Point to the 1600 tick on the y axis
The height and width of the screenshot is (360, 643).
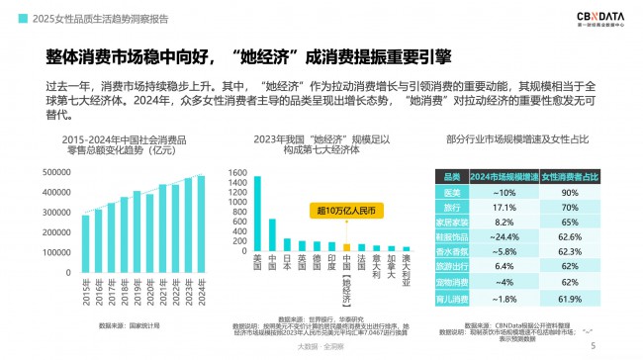click(x=236, y=170)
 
